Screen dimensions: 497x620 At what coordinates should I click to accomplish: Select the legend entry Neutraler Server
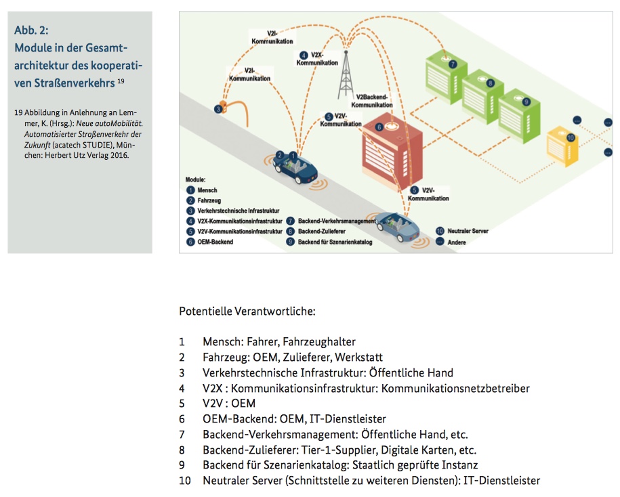click(466, 231)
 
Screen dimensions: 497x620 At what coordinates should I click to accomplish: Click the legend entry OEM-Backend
click(215, 242)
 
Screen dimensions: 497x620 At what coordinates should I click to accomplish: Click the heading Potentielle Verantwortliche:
click(247, 311)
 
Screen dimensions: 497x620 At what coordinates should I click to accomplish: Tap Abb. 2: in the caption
click(31, 30)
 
